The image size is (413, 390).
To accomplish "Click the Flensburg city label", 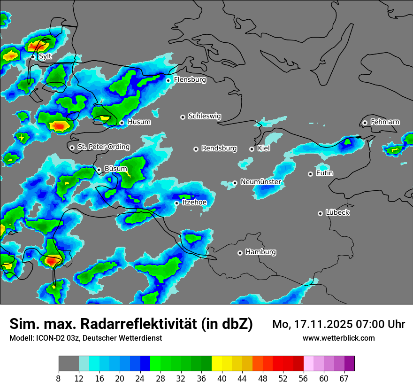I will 190,80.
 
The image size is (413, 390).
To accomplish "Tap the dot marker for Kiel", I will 252,149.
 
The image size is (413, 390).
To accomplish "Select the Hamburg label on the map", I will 260,252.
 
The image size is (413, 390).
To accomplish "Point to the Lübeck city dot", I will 320,213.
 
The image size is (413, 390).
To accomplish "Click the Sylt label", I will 45,56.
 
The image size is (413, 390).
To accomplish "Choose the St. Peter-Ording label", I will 103,147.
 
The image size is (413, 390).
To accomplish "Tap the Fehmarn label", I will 385,122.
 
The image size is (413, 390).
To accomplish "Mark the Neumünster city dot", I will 235,183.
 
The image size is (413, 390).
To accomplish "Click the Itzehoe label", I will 194,203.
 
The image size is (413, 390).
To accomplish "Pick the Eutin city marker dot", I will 310,174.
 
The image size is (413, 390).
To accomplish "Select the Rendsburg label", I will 219,148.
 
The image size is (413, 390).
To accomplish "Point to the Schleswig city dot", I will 183,117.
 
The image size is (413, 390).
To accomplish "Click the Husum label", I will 139,122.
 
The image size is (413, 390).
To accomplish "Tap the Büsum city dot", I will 99,170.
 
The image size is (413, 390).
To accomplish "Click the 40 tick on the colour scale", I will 222,379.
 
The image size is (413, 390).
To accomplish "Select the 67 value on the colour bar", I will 344,379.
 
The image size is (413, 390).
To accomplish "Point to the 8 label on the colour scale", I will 59,379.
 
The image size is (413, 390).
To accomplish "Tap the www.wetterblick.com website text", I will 338,338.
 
